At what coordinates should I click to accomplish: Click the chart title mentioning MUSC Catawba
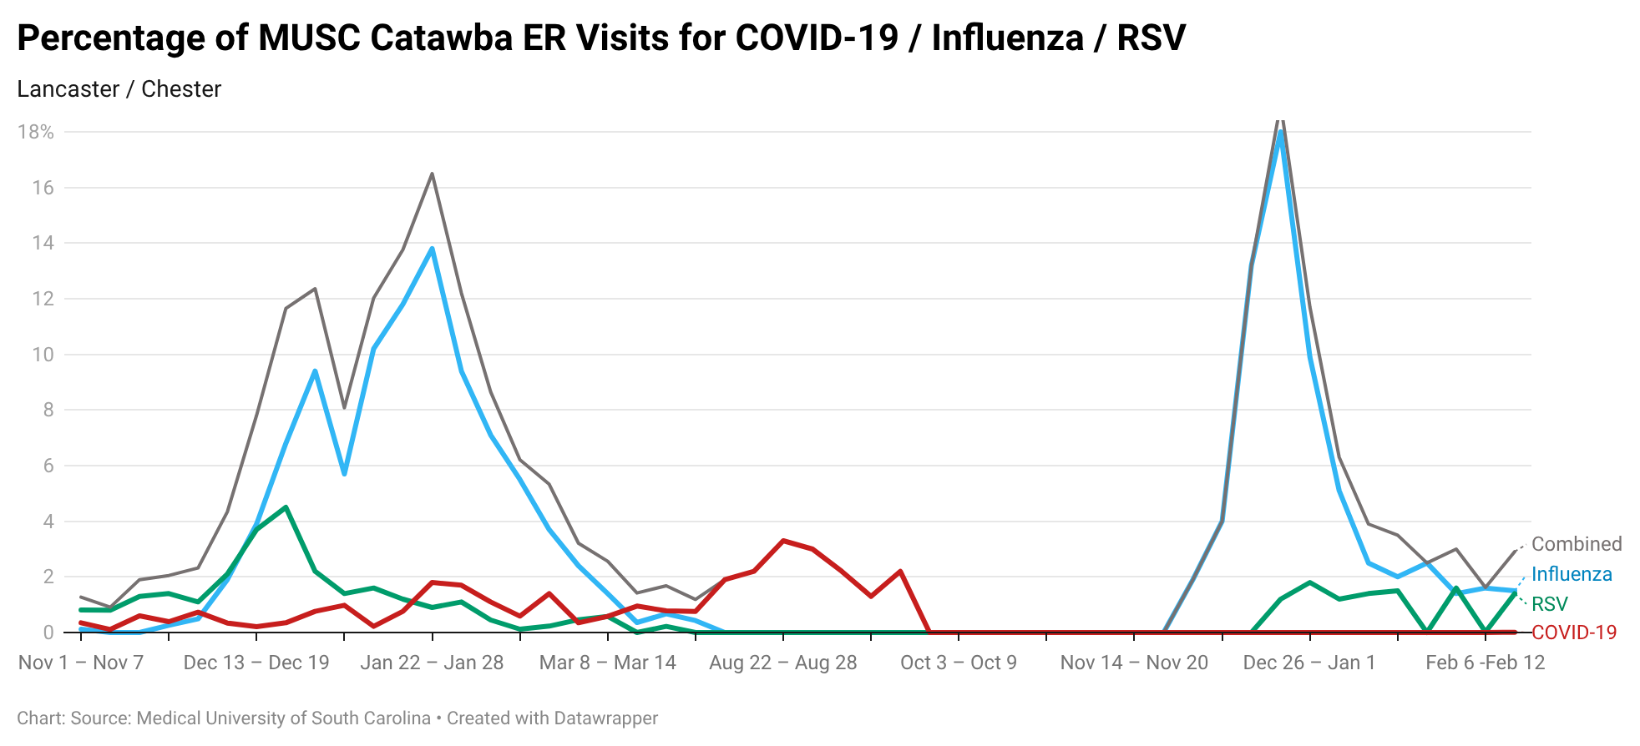[600, 38]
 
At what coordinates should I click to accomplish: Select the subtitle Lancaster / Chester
[119, 89]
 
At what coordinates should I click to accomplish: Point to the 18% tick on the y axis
[36, 132]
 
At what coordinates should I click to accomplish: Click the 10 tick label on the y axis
[43, 355]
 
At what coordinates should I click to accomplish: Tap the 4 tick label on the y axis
[48, 522]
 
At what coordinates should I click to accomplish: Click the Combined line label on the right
[1576, 544]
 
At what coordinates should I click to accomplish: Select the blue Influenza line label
[1571, 574]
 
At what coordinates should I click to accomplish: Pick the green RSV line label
[1549, 604]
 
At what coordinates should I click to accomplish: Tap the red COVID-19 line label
[1573, 633]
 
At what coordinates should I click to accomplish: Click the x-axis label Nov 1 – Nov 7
[81, 663]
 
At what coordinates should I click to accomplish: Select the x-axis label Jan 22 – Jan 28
[432, 663]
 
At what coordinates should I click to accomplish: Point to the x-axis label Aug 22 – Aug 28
[782, 663]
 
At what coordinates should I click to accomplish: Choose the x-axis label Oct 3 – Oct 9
[958, 663]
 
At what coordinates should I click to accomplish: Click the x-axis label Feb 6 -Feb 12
[1485, 663]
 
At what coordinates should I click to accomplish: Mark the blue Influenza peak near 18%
[1280, 133]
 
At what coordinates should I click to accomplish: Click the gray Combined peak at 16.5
[432, 174]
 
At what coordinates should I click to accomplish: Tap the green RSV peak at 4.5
[286, 507]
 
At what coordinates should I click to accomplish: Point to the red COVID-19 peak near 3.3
[782, 541]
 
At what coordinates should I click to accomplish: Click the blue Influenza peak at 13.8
[432, 249]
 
